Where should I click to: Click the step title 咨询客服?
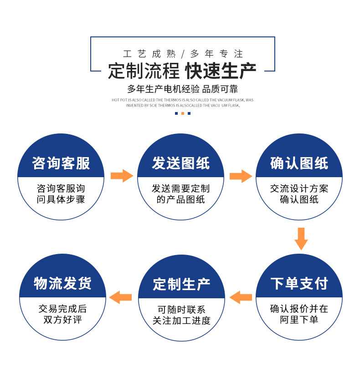[x=61, y=163]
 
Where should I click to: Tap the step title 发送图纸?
[x=181, y=163]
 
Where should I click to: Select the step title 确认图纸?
[x=299, y=163]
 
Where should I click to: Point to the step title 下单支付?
[x=299, y=283]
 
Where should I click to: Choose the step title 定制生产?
[x=181, y=284]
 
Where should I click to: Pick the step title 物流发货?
[x=62, y=283]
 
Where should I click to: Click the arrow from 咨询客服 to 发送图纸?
[x=121, y=176]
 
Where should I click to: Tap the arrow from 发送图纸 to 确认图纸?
[x=241, y=176]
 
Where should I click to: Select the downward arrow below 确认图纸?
[x=301, y=238]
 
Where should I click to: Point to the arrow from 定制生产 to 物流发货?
[x=121, y=297]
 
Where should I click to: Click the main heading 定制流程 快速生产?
[x=182, y=71]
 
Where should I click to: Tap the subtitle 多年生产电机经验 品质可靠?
[x=182, y=89]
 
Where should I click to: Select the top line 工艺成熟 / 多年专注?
[x=183, y=54]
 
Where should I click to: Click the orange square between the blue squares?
[x=183, y=113]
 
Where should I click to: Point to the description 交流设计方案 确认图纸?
[x=299, y=194]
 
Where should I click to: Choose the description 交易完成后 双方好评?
[x=62, y=314]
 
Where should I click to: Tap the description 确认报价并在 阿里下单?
[x=299, y=314]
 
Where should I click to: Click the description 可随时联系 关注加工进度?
[x=181, y=315]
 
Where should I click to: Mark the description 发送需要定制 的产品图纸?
[x=181, y=194]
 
